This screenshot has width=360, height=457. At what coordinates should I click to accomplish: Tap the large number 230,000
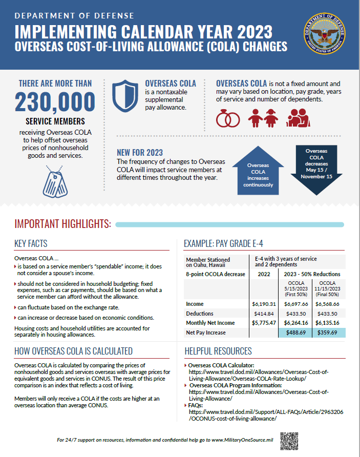click(x=55, y=102)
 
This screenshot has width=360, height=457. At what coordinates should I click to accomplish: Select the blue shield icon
click(x=124, y=96)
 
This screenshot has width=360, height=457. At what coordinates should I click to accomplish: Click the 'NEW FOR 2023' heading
click(x=140, y=153)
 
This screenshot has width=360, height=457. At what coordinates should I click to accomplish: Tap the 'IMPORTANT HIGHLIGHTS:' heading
click(x=63, y=224)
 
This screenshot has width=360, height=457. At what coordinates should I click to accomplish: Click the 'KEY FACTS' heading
click(x=31, y=244)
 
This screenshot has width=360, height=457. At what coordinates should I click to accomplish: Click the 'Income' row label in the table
click(x=195, y=304)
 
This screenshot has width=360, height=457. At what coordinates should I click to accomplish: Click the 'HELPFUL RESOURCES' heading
click(x=218, y=351)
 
